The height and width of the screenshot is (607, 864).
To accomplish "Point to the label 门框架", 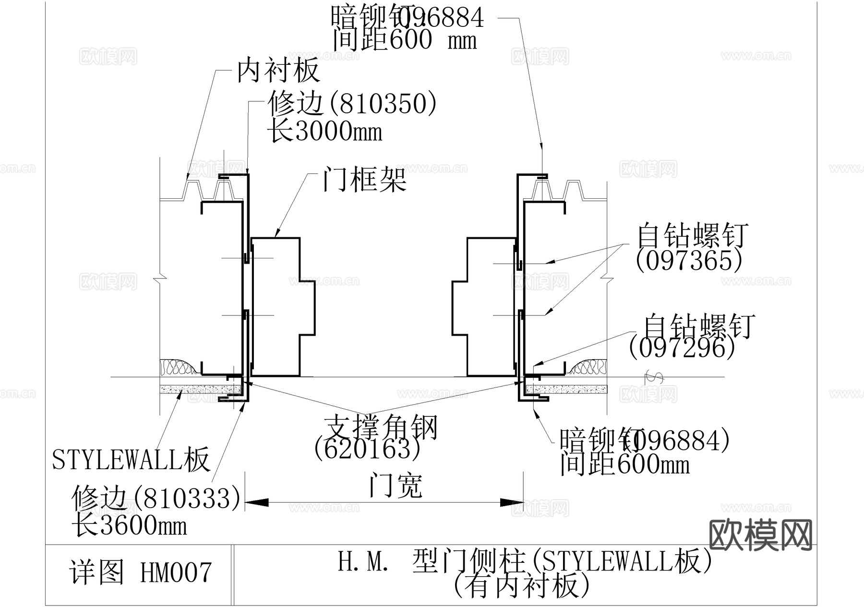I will click(x=364, y=180).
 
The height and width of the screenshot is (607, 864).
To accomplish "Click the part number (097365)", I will click(x=689, y=261).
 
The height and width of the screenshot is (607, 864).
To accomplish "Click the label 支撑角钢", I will click(x=381, y=426).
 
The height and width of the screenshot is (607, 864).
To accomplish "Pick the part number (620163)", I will click(x=367, y=449).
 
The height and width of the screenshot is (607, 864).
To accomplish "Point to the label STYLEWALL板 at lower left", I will click(x=131, y=459).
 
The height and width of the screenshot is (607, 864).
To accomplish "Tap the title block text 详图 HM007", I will click(x=140, y=572).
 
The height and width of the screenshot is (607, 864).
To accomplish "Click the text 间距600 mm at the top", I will click(x=405, y=39).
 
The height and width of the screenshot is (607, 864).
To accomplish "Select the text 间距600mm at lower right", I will click(x=624, y=464).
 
